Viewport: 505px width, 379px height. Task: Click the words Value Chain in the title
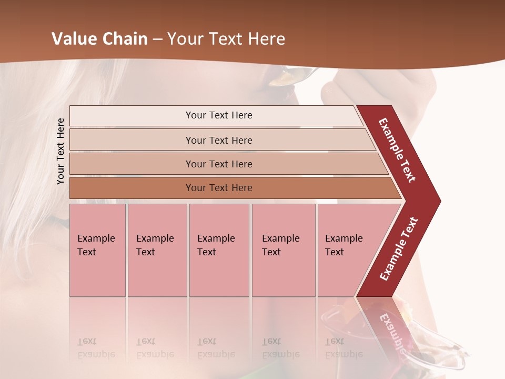(99, 39)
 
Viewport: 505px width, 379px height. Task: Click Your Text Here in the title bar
(226, 39)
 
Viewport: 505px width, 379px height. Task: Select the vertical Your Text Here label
(60, 151)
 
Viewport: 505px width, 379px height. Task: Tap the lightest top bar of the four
(218, 115)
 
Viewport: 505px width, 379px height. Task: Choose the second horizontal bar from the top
(218, 140)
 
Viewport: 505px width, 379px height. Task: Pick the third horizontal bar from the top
(218, 164)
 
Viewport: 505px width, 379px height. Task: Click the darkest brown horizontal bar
(218, 188)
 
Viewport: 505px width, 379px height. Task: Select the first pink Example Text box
(97, 250)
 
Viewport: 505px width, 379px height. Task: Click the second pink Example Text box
(157, 250)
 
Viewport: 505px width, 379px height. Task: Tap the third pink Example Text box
(219, 250)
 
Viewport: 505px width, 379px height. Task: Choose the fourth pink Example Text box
(283, 250)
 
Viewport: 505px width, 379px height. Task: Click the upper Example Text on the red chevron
(397, 150)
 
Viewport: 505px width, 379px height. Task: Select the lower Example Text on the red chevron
(399, 248)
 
